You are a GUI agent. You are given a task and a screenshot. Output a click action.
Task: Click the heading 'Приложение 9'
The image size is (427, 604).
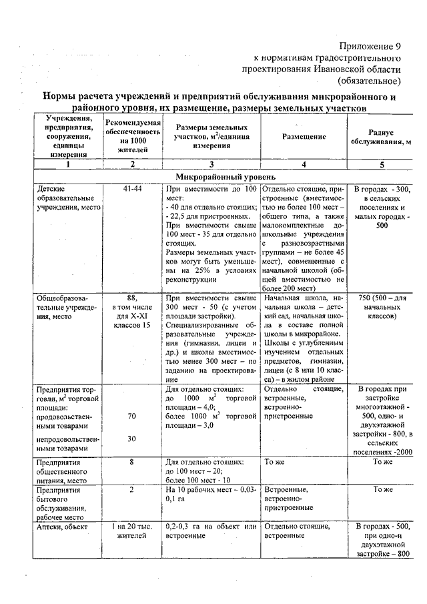point(370,46)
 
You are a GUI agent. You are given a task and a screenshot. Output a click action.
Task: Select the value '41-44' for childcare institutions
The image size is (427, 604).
point(132,189)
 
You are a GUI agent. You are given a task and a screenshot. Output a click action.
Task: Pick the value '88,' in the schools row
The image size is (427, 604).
point(132,297)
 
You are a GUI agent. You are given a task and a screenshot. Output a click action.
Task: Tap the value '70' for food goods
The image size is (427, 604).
point(132,416)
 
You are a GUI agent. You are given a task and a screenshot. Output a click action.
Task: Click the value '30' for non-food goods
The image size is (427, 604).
point(132,438)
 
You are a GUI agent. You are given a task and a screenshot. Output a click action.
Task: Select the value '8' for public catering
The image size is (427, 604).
point(132,461)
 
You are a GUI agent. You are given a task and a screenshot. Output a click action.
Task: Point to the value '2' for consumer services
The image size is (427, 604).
point(132,489)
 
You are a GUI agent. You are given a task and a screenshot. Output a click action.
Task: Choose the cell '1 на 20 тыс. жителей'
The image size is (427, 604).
point(132,531)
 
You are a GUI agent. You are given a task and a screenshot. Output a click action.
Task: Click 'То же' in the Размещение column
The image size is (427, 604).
point(275,461)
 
